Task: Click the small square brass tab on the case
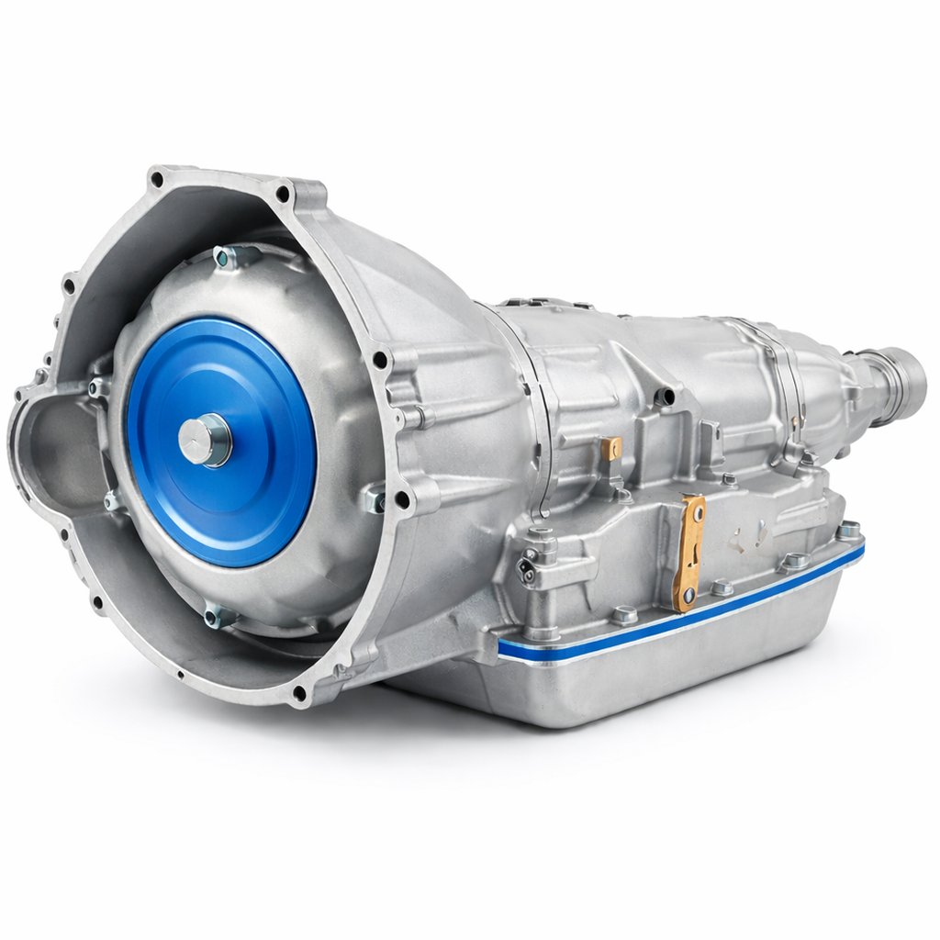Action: point(611,448)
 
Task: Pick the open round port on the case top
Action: point(664,397)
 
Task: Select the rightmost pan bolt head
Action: point(849,531)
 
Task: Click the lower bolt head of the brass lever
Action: point(684,603)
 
